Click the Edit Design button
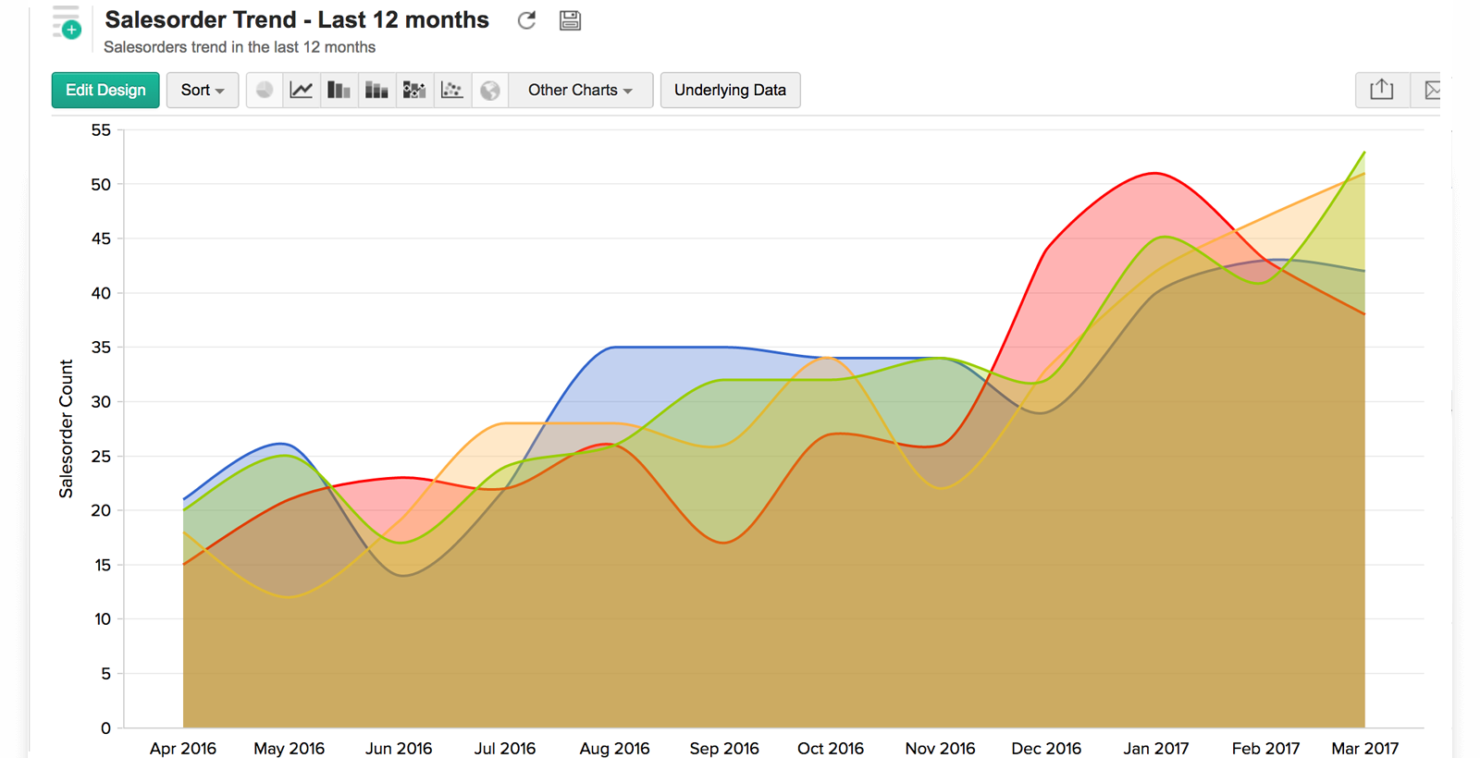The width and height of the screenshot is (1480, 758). click(105, 90)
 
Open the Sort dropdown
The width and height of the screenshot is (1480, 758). click(203, 90)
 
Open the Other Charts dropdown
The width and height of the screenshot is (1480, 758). click(580, 90)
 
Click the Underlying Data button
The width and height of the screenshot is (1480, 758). click(730, 90)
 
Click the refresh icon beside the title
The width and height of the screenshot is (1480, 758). click(526, 20)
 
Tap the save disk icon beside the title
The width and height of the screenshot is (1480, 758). click(570, 20)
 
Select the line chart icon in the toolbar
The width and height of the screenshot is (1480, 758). click(302, 90)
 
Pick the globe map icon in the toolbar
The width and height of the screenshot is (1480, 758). click(490, 90)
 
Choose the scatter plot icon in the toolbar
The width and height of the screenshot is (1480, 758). click(451, 90)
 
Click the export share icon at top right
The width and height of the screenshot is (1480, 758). click(1381, 90)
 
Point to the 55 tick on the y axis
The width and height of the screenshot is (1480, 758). click(101, 130)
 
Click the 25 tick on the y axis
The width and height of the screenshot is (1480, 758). click(101, 457)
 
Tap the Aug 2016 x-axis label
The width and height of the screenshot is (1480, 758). click(614, 748)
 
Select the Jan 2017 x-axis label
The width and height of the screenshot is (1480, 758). click(1155, 748)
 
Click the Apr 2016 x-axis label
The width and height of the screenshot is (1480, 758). click(183, 748)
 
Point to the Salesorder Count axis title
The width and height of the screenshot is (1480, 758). click(66, 429)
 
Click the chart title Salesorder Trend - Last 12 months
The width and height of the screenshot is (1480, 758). click(297, 19)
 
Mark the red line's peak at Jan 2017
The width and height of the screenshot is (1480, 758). click(1155, 173)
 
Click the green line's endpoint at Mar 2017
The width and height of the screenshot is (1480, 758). click(1364, 153)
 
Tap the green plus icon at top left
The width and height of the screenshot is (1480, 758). click(71, 30)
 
